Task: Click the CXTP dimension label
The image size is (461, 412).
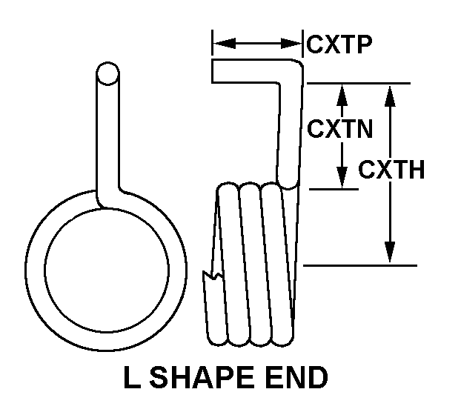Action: [x=339, y=44]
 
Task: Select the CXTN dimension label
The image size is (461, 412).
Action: [x=339, y=129]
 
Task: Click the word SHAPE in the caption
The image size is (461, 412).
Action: [x=205, y=379]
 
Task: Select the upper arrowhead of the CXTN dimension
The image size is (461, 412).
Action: [x=342, y=92]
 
